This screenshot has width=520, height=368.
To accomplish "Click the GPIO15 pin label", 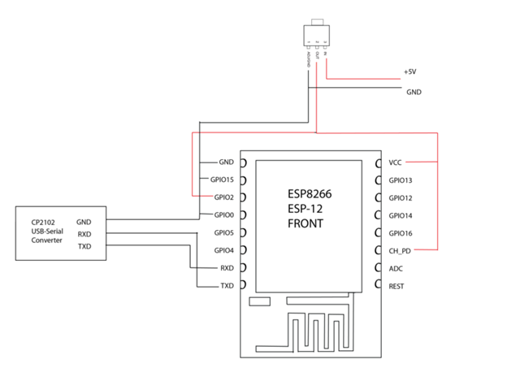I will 222,180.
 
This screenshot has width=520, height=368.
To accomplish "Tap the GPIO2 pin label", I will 223,197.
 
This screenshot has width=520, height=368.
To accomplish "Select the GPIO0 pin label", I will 223,215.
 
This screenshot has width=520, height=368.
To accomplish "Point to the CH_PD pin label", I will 400,250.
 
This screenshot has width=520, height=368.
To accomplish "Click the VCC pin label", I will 396,162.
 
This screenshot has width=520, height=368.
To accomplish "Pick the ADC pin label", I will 396,268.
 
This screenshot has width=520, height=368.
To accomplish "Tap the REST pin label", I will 396,286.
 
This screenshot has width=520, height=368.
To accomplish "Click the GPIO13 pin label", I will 401,180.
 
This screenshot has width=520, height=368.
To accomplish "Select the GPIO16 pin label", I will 401,233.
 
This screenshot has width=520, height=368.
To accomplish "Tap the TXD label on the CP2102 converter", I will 84,246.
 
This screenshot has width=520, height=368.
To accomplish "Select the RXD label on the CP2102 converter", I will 84,234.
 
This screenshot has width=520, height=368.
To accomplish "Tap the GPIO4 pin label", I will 223,250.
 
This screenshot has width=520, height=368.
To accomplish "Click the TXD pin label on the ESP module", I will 227,286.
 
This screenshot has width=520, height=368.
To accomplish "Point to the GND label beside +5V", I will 414,92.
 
